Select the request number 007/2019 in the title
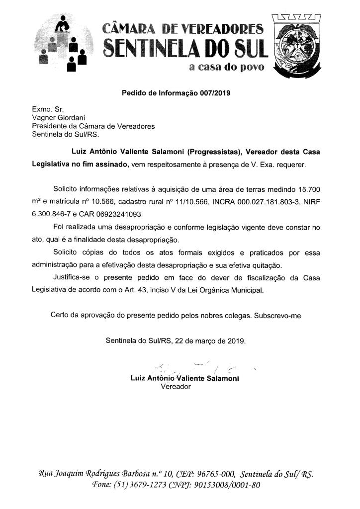point(208,92)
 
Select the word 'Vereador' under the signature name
point(176,386)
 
